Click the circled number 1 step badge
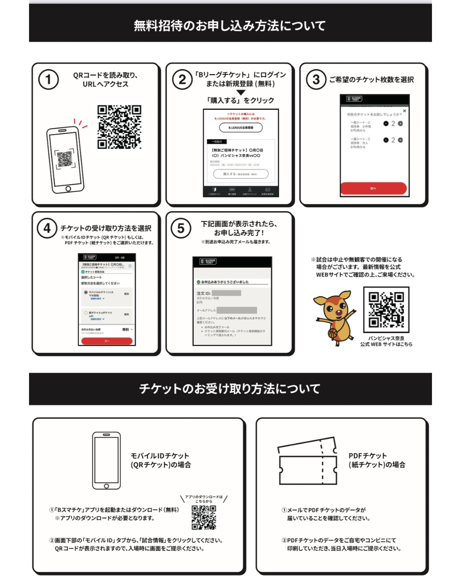pos(48,79)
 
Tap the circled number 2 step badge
pos(182,79)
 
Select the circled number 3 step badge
pos(316,79)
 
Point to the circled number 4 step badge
pos(47,228)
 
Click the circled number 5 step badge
pos(181,228)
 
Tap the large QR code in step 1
pos(119,127)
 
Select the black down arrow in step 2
pos(241,92)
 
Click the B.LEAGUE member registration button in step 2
pos(241,127)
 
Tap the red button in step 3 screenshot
pos(373,188)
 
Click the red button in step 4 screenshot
pos(107,341)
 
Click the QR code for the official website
pos(386,309)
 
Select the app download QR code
pos(204,517)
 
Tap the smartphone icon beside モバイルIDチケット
pos(106,460)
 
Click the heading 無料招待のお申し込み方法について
pos(230,26)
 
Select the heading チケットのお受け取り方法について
pos(230,389)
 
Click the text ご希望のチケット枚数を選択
pos(371,79)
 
